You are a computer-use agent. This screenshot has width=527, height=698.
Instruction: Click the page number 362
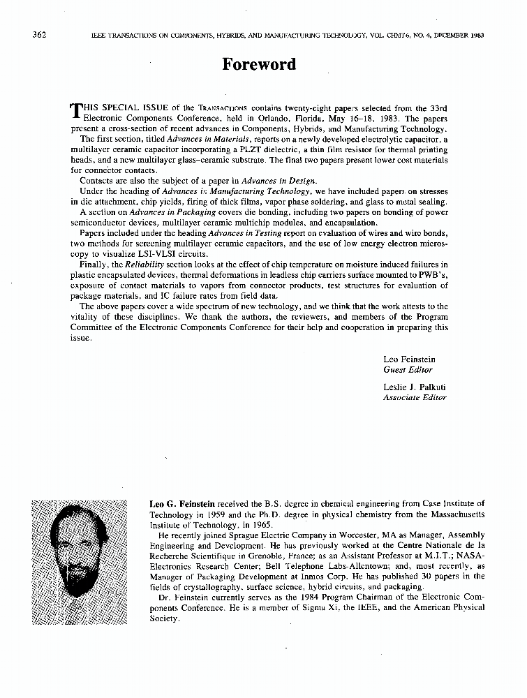pyautogui.click(x=39, y=34)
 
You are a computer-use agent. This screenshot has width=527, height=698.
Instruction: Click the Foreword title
pyautogui.click(x=259, y=64)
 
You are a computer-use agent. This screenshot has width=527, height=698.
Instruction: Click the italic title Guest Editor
pyautogui.click(x=408, y=370)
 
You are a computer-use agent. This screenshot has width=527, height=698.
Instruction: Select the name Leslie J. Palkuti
pyautogui.click(x=414, y=387)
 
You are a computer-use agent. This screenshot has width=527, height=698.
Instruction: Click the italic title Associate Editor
pyautogui.click(x=414, y=397)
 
